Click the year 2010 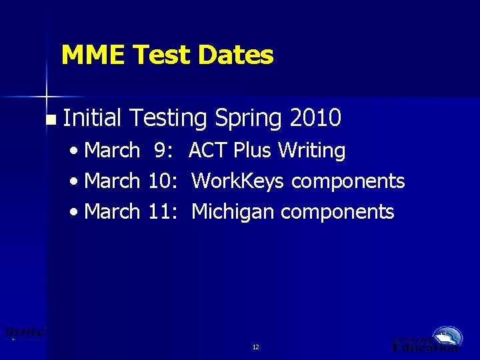[x=316, y=118]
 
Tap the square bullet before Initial [x=51, y=121]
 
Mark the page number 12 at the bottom [x=256, y=347]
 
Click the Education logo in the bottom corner [x=427, y=339]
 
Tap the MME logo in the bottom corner [x=24, y=332]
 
